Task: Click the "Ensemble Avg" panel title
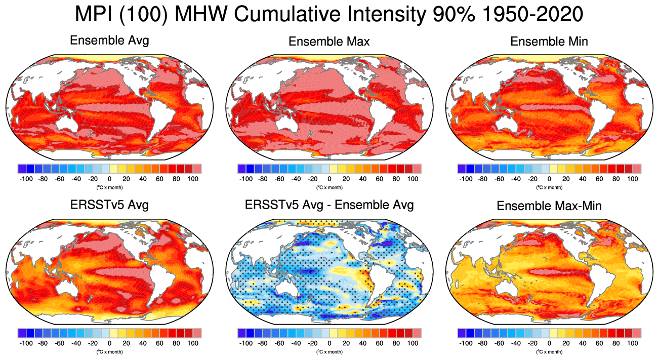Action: pyautogui.click(x=109, y=41)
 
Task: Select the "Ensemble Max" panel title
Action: pyautogui.click(x=329, y=42)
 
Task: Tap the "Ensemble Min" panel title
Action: pyautogui.click(x=549, y=42)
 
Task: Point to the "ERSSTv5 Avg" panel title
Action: pyautogui.click(x=109, y=205)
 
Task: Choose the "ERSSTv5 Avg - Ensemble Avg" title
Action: pyautogui.click(x=329, y=205)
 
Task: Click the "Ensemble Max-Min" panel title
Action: pyautogui.click(x=549, y=206)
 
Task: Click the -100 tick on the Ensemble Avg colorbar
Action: pyautogui.click(x=26, y=179)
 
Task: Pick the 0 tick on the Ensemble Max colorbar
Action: pyautogui.click(x=329, y=179)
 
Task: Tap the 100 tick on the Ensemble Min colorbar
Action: pyautogui.click(x=633, y=179)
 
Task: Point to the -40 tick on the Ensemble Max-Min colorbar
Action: pyautogui.click(x=516, y=343)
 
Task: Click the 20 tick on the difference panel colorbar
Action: pyautogui.click(x=346, y=343)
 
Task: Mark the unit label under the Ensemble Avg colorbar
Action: pyautogui.click(x=109, y=187)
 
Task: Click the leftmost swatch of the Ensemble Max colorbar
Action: pyautogui.click(x=241, y=169)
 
